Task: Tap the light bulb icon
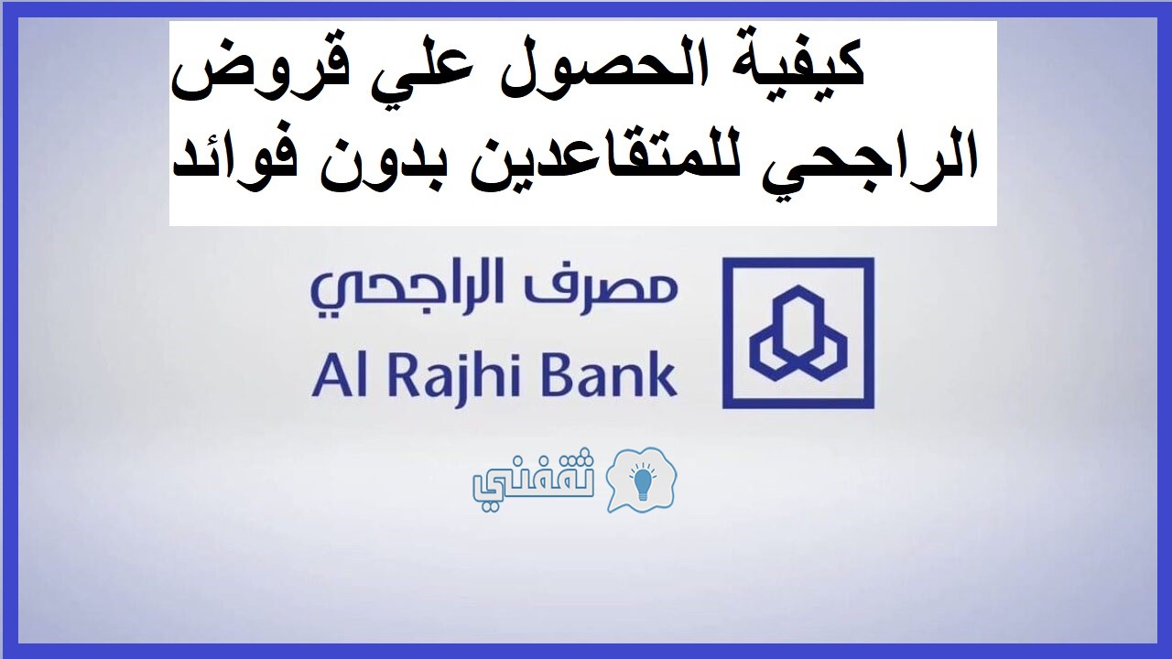(642, 481)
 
